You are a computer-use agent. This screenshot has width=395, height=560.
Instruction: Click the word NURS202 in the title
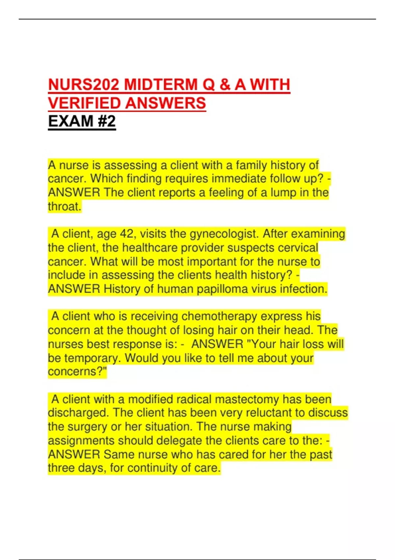pyautogui.click(x=84, y=85)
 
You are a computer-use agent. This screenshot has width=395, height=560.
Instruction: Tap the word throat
pyautogui.click(x=64, y=207)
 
